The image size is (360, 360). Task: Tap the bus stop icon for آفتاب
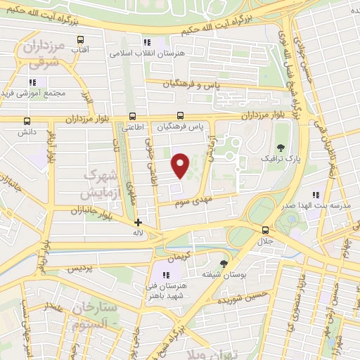[x=81, y=39]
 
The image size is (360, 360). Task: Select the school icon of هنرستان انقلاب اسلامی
[x=147, y=42]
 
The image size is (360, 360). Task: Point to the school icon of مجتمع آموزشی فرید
[x=33, y=82]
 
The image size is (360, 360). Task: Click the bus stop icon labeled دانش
[x=27, y=121]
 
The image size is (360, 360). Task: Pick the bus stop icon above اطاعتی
[x=132, y=117]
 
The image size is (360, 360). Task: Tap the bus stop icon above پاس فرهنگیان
[x=180, y=116]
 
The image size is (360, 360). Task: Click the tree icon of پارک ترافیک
[x=281, y=148]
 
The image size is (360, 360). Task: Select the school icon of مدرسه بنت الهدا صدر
[x=316, y=194]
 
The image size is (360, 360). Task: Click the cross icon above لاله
[x=138, y=222]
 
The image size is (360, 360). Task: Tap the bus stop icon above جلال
[x=265, y=229]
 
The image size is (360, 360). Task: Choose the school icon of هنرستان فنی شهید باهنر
[x=167, y=275]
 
